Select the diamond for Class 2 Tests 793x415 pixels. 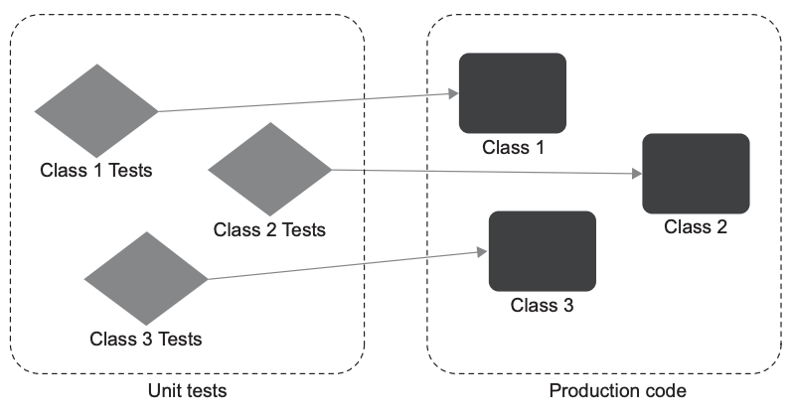pos(269,169)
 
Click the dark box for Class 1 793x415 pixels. pos(512,92)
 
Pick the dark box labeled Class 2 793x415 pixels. pos(696,173)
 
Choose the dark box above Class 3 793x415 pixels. pos(542,250)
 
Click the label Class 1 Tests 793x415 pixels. pos(95,170)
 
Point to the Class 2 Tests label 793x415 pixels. pos(269,229)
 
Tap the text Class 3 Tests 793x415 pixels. pos(145,339)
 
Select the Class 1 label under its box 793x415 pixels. pos(513,147)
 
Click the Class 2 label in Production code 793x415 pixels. pos(696,226)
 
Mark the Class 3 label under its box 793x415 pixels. pos(542,305)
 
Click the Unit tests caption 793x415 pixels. pos(187,390)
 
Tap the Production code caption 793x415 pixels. pos(617,390)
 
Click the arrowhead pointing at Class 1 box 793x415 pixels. pos(453,94)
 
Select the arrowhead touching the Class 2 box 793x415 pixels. pos(637,175)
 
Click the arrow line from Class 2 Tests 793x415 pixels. pos(477,172)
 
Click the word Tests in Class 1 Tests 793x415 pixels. pos(129,170)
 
